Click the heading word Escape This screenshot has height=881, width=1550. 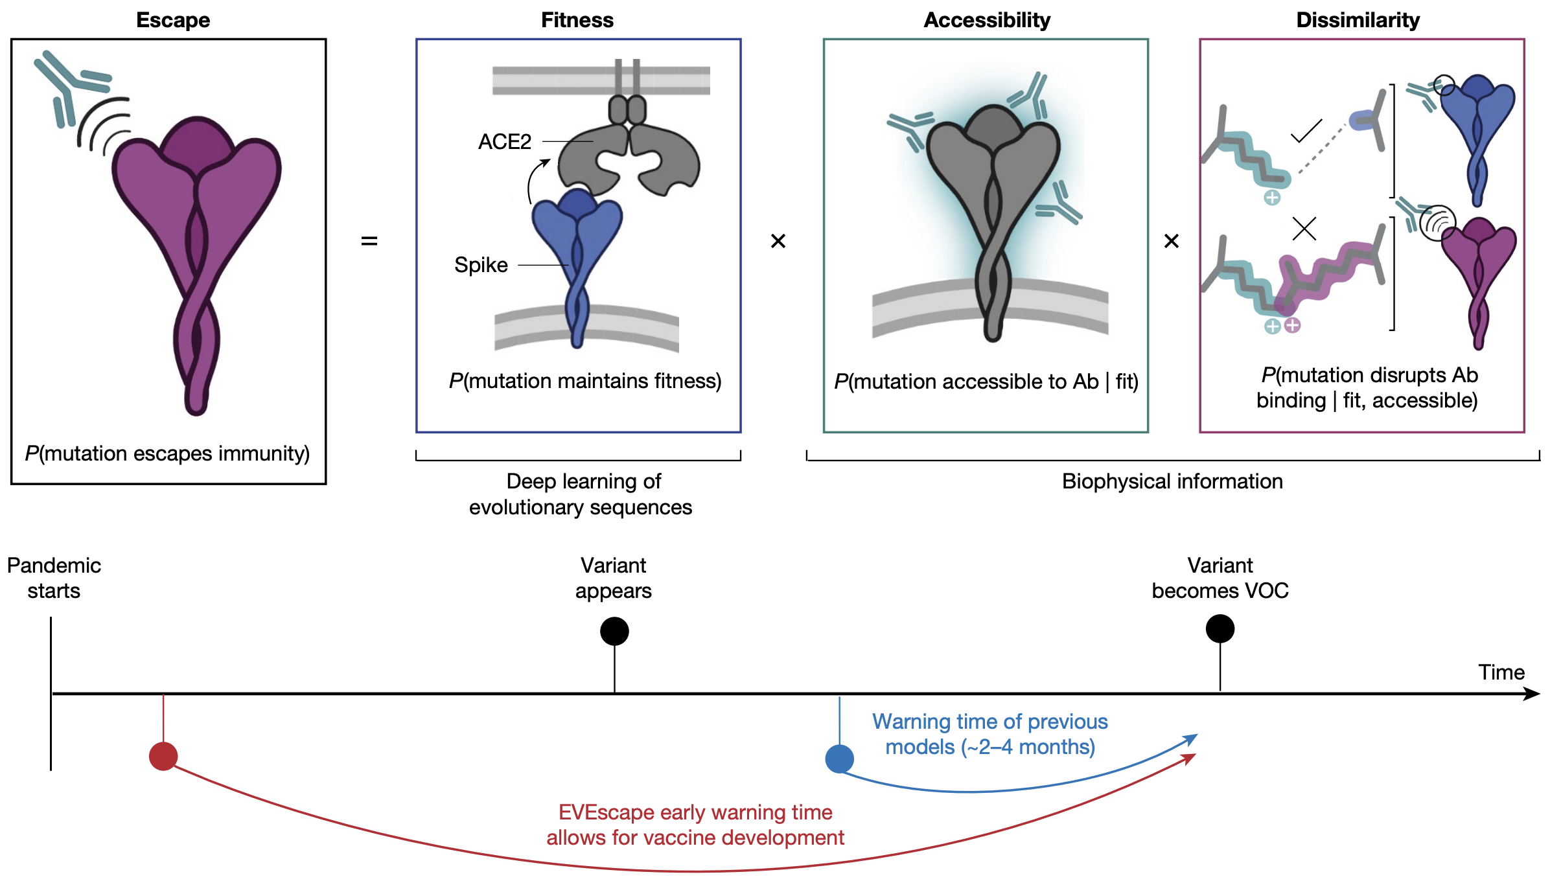(x=173, y=20)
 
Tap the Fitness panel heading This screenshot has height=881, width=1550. (x=577, y=20)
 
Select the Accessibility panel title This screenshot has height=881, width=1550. (x=987, y=20)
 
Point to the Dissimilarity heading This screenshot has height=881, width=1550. (x=1358, y=20)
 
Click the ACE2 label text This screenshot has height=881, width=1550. (x=504, y=141)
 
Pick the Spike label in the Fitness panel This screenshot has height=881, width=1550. (x=481, y=265)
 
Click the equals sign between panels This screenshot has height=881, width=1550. (x=369, y=241)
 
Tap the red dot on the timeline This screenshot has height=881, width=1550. (x=163, y=756)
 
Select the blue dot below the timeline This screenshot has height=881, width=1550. (x=839, y=759)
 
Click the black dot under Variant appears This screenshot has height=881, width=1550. (x=614, y=631)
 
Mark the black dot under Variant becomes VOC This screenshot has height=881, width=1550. (x=1220, y=628)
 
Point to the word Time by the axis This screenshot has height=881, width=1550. (x=1501, y=672)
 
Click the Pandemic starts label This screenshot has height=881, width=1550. (x=54, y=578)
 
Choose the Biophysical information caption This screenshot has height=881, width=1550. (x=1172, y=481)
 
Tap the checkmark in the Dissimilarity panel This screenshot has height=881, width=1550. (x=1306, y=131)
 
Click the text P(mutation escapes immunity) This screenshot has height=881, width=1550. (x=167, y=453)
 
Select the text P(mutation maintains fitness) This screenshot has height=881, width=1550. (x=584, y=381)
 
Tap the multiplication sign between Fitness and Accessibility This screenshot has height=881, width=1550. (x=778, y=241)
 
